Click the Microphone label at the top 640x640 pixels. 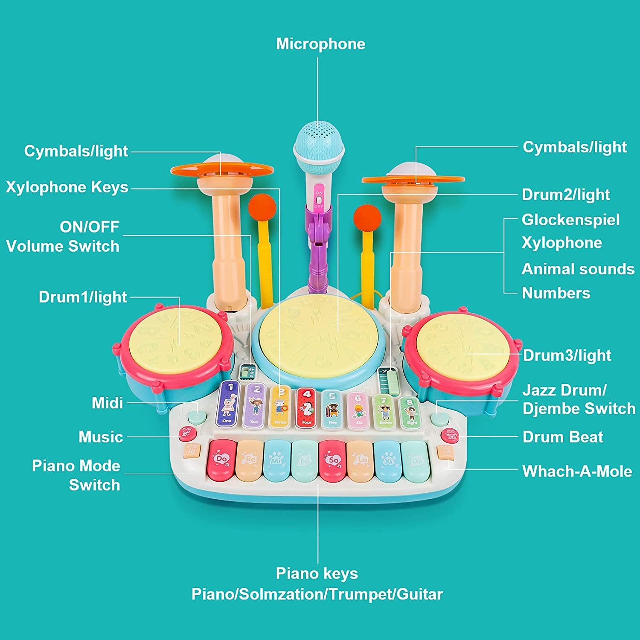pyautogui.click(x=320, y=44)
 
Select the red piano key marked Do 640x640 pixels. pyautogui.click(x=222, y=460)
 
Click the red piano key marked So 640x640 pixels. pyautogui.click(x=333, y=460)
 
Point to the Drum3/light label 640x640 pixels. pyautogui.click(x=567, y=355)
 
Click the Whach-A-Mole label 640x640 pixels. pyautogui.click(x=577, y=471)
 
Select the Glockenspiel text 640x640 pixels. pyautogui.click(x=570, y=220)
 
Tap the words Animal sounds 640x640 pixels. pyautogui.click(x=578, y=269)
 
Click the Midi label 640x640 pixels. pyautogui.click(x=107, y=403)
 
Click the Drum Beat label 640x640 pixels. pyautogui.click(x=563, y=437)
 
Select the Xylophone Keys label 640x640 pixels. pyautogui.click(x=67, y=187)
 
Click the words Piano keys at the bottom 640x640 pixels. pyautogui.click(x=317, y=573)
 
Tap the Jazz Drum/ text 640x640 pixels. pyautogui.click(x=564, y=390)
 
